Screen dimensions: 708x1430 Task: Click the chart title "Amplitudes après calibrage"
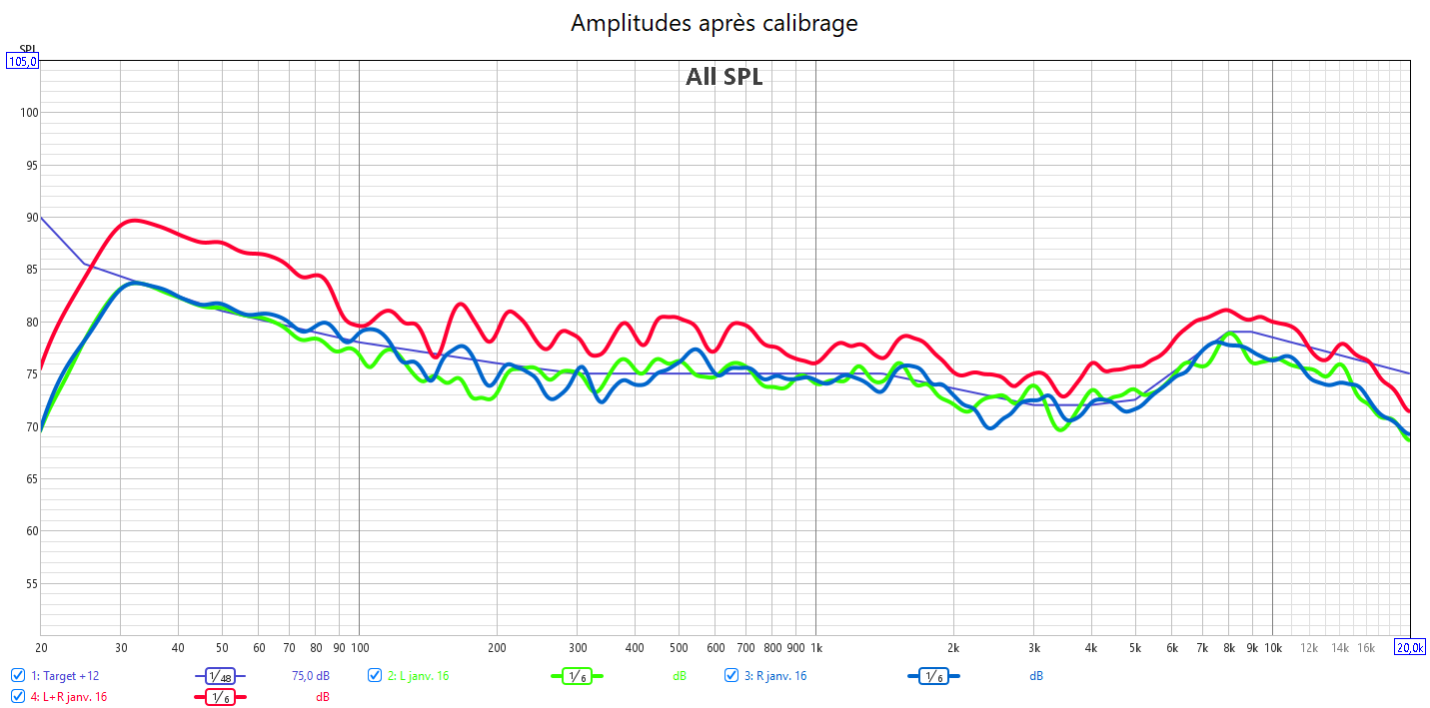714,23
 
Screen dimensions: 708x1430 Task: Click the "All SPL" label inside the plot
723,77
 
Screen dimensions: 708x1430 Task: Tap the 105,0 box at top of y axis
23,61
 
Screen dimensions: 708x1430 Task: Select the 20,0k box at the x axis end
1410,648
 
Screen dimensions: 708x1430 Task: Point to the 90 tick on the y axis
30,218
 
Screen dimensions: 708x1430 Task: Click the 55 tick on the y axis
30,583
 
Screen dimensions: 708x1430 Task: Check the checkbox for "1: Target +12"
18,676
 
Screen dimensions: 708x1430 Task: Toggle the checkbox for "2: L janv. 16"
375,676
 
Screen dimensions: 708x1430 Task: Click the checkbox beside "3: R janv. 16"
731,676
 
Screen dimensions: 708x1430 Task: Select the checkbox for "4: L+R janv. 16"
18,697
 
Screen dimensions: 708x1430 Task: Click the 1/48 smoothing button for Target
220,677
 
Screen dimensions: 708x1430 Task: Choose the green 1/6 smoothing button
577,677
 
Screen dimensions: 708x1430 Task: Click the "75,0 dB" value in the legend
310,676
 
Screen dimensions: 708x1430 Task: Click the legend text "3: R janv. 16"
774,676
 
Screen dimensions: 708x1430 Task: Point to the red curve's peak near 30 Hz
133,220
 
